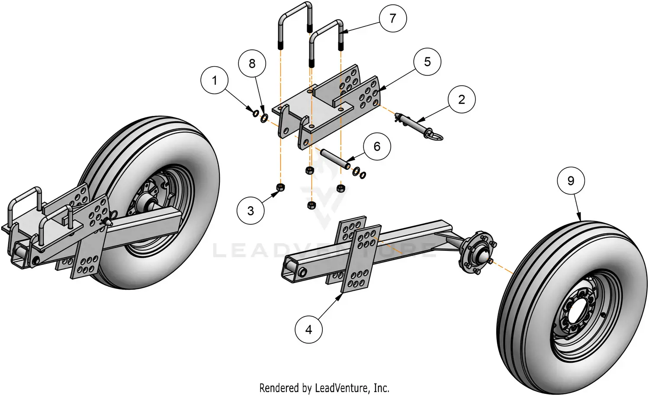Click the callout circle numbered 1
215,80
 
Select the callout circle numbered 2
461,99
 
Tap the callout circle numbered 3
251,211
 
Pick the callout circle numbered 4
308,330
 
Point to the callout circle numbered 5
427,62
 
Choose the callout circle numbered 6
377,146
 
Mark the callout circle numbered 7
392,18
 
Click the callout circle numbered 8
252,64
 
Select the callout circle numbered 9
571,180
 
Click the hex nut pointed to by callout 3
280,187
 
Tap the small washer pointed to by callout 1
255,114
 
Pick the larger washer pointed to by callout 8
263,117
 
